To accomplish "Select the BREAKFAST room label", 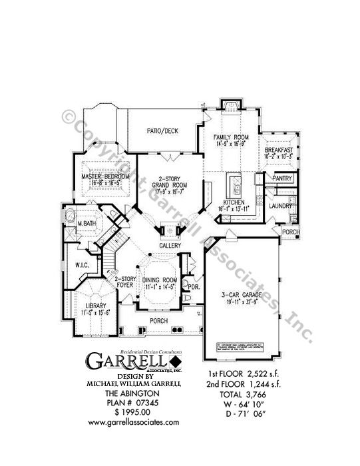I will tap(278, 151).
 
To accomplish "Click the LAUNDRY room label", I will tap(281, 206).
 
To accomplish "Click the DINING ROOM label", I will tap(160, 280).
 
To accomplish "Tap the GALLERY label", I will tap(170, 246).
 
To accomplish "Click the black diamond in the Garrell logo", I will tap(176, 361).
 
